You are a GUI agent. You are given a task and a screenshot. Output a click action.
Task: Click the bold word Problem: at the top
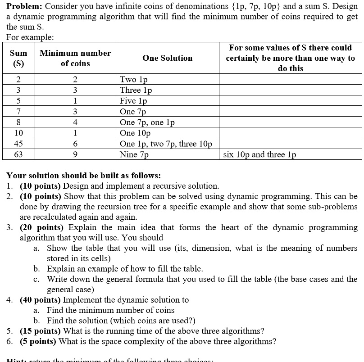point(24,6)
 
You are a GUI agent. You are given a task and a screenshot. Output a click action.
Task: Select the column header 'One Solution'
point(167,58)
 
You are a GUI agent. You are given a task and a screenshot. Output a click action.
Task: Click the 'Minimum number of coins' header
point(75,58)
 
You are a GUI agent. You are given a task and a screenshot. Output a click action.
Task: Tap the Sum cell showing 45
point(18,144)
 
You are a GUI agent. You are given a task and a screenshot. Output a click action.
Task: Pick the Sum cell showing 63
point(18,154)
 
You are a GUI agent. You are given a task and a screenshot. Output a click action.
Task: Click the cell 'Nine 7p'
point(135,154)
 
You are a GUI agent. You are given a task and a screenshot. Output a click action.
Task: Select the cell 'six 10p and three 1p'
point(259,154)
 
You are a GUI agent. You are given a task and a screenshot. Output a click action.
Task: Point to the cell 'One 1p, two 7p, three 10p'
point(166,144)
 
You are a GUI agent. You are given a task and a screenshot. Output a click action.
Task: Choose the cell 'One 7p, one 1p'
point(147,122)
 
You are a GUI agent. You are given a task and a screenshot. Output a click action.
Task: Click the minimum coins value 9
point(75,154)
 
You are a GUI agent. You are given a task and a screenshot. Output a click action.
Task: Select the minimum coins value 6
point(75,144)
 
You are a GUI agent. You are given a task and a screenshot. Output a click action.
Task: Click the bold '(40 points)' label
point(41,300)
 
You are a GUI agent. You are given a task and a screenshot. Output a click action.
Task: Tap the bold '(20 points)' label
point(41,227)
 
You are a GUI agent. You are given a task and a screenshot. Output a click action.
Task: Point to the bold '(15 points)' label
point(41,331)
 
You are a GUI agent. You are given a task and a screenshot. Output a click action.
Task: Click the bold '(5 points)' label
point(39,341)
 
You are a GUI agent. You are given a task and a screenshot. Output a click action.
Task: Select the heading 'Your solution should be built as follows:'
point(84,176)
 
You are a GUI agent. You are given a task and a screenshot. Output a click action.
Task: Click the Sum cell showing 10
point(18,133)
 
